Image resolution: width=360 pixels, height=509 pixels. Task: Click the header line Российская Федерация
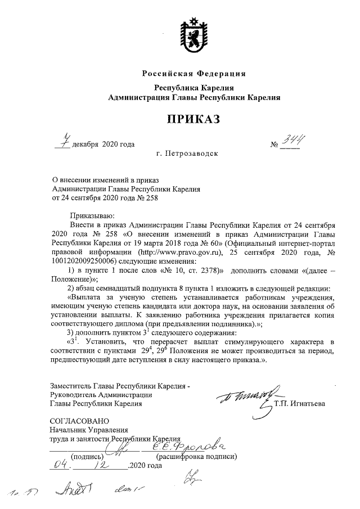(194, 74)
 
